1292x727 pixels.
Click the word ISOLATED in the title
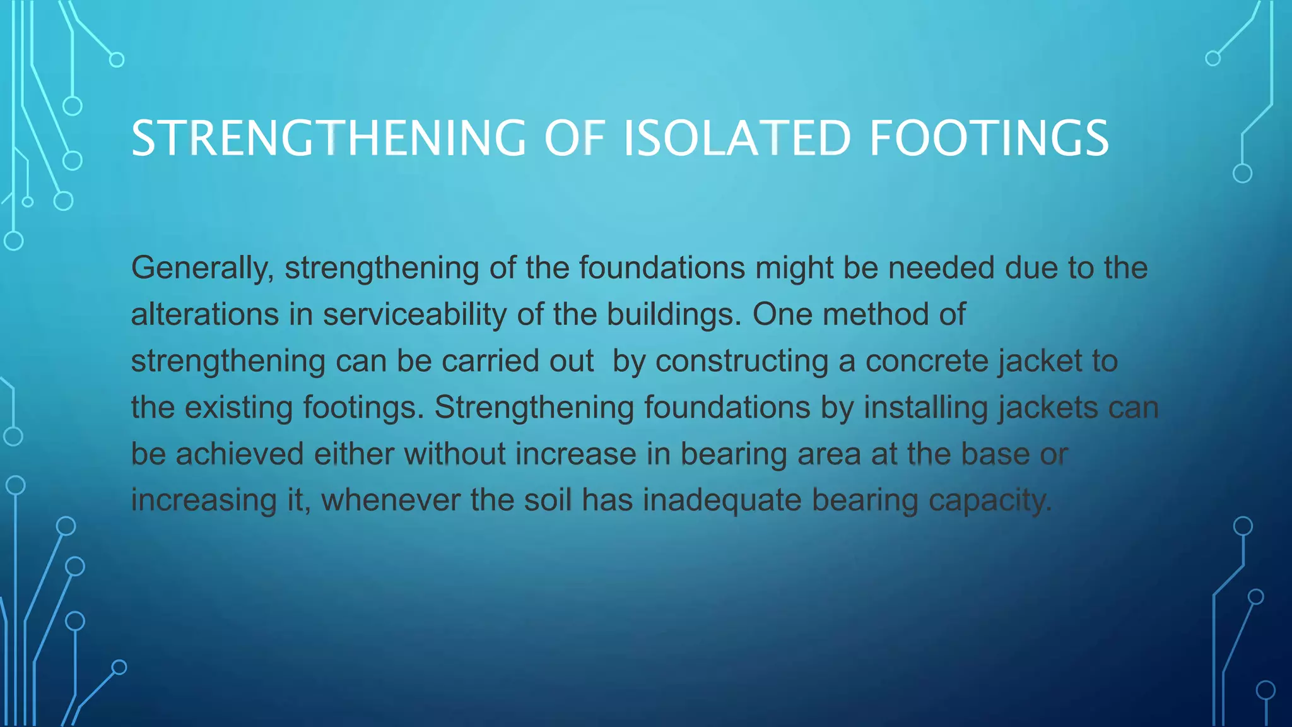pyautogui.click(x=737, y=138)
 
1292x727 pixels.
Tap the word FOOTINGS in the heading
pyautogui.click(x=989, y=138)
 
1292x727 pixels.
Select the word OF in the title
pyautogui.click(x=574, y=138)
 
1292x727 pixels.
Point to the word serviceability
pyautogui.click(x=414, y=314)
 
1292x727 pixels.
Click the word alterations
pyautogui.click(x=204, y=314)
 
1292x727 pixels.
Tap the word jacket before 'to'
pyautogui.click(x=1040, y=361)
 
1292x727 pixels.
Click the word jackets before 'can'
pyautogui.click(x=1048, y=408)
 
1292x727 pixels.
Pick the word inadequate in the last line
pyautogui.click(x=722, y=500)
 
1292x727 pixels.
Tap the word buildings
pyautogui.click(x=674, y=314)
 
